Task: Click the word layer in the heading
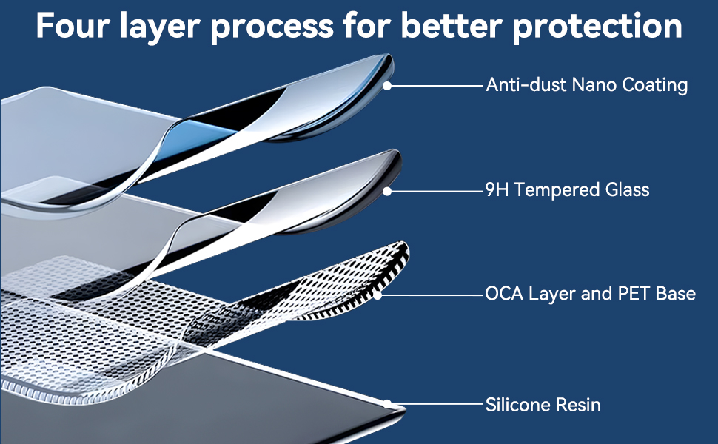coord(161,27)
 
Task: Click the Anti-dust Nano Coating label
coord(586,85)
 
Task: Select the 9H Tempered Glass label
coord(567,189)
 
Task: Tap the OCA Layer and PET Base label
coord(590,294)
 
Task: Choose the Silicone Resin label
coord(543,405)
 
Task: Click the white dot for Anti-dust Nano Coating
coord(387,86)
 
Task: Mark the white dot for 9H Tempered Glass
coord(387,192)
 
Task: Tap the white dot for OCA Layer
coord(378,295)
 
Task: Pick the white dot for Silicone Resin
coord(387,404)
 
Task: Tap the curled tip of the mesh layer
coord(403,251)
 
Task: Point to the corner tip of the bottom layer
coord(404,408)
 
